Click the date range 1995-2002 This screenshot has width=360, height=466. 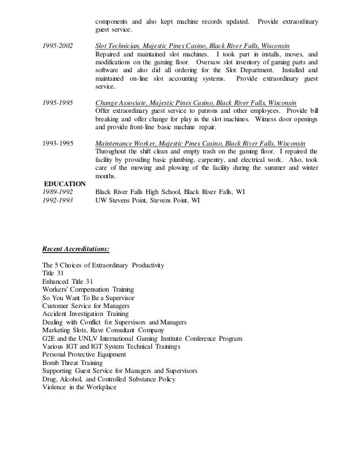(x=58, y=45)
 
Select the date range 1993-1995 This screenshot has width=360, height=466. (x=58, y=143)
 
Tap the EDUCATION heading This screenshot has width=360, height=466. (x=64, y=184)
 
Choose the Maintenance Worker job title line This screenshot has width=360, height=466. (x=201, y=143)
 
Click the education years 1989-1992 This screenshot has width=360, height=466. (x=58, y=192)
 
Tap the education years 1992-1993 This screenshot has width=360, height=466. (x=58, y=200)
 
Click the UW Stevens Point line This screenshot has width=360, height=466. (x=147, y=200)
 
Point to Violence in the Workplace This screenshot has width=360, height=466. (x=79, y=388)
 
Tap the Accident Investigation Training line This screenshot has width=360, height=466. (x=85, y=314)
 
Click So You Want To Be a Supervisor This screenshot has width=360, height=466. (x=88, y=297)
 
